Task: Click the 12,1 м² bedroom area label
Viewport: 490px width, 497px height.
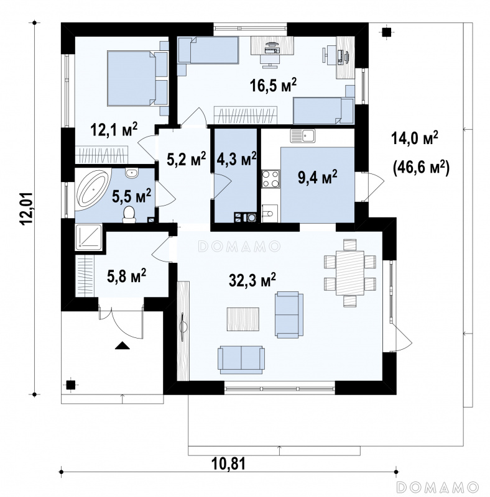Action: (x=114, y=130)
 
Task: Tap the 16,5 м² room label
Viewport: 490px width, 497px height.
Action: (x=273, y=85)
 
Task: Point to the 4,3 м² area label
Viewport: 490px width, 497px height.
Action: (x=236, y=159)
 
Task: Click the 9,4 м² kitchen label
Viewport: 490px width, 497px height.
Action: (x=317, y=177)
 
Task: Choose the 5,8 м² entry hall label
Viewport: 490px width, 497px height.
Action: (x=127, y=276)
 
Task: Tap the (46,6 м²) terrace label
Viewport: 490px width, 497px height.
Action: (x=421, y=167)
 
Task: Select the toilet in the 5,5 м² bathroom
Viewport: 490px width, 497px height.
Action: (x=129, y=214)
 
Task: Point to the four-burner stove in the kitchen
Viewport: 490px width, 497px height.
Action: (x=270, y=179)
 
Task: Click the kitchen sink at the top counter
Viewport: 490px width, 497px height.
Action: (x=302, y=136)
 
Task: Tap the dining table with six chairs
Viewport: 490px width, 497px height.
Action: (x=350, y=273)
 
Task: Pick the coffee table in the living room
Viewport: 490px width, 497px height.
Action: (x=243, y=319)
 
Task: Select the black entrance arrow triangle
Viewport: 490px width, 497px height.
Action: (x=122, y=345)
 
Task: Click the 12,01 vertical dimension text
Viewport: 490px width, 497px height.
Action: (x=27, y=209)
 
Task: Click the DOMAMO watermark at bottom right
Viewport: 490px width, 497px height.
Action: (x=438, y=486)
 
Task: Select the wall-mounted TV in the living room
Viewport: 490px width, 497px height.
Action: (x=183, y=327)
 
